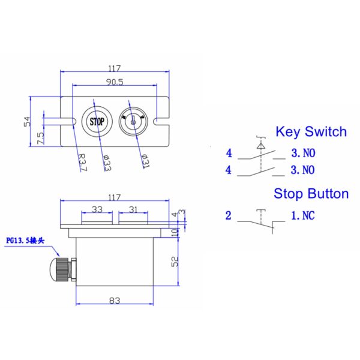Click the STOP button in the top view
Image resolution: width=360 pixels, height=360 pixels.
[97, 121]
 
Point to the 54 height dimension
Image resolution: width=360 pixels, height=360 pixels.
[27, 121]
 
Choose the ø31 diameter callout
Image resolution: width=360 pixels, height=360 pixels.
[145, 161]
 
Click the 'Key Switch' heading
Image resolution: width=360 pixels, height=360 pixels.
[310, 132]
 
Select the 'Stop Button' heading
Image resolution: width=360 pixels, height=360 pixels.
[311, 194]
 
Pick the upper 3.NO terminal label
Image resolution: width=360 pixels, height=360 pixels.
[302, 154]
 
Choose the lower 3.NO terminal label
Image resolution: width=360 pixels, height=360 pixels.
[302, 170]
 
